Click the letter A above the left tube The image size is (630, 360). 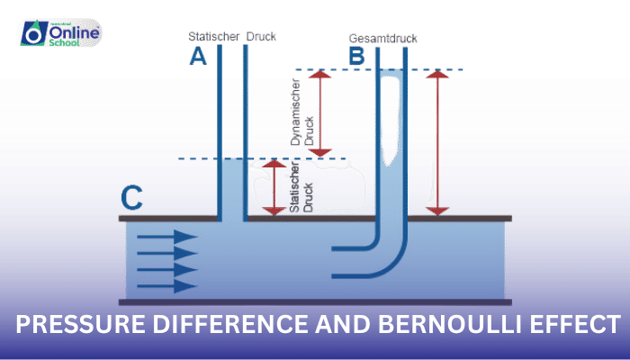pos(198,58)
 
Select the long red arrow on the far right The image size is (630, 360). pos(437,142)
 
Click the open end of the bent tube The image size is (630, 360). pos(335,258)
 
